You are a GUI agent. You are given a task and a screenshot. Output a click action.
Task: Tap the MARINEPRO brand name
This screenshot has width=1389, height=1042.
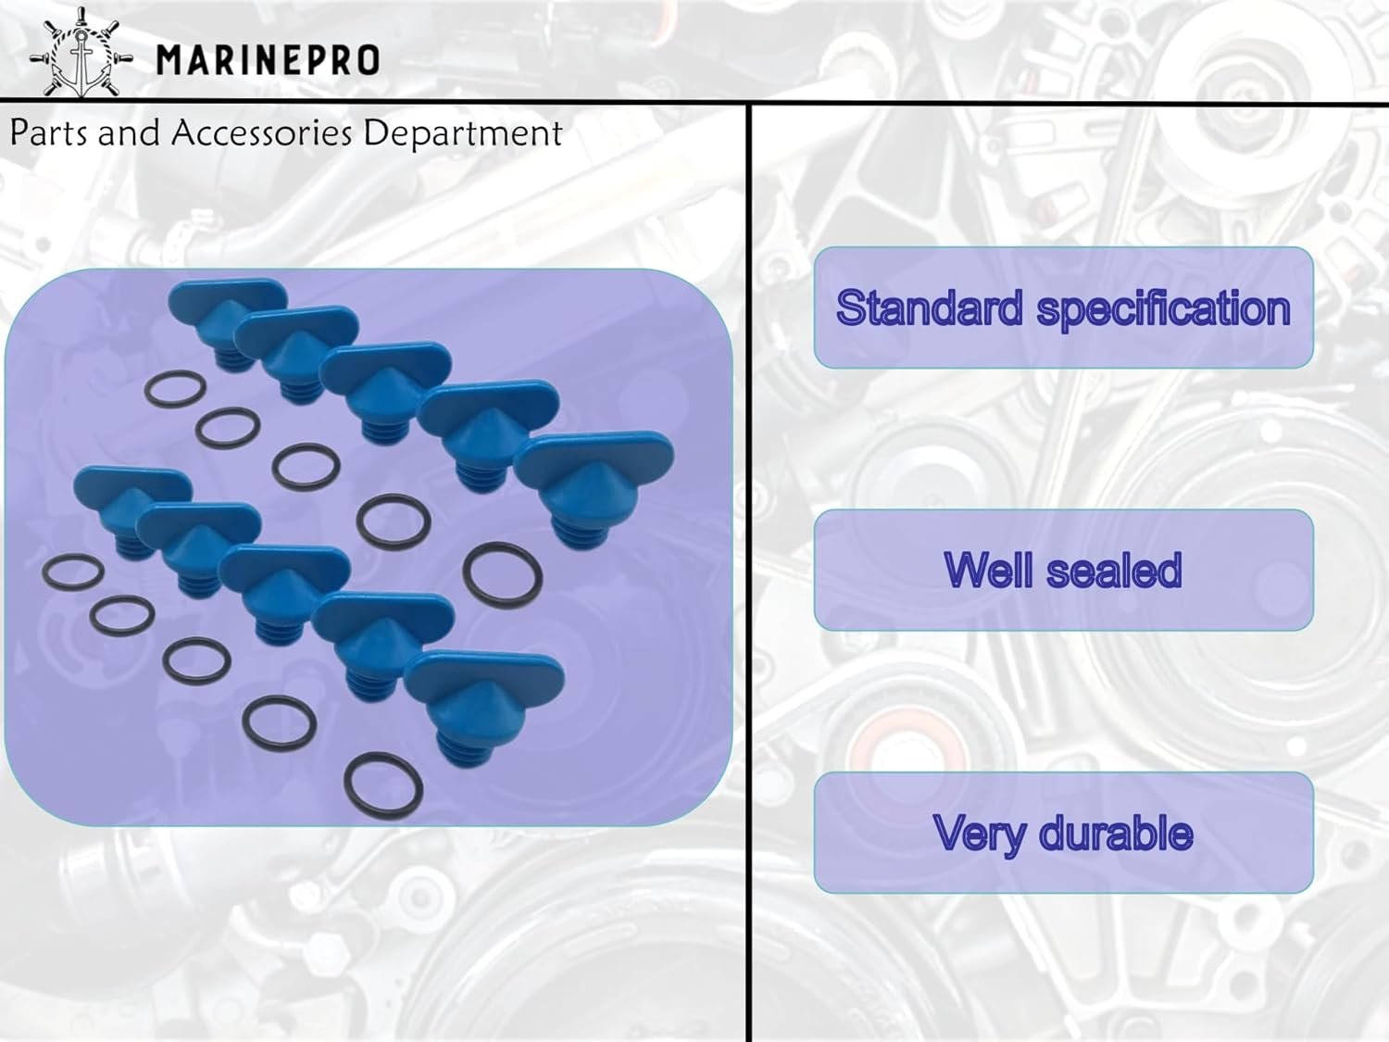pos(268,61)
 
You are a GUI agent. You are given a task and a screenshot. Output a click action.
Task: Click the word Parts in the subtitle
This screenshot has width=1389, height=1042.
pos(47,133)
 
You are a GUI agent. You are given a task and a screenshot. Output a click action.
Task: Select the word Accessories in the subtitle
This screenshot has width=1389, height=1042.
pos(261,133)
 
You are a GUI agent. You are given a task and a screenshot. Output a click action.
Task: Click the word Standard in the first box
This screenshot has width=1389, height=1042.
pos(929,308)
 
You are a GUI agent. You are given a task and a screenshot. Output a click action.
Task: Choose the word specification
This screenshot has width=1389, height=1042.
pos(1163,309)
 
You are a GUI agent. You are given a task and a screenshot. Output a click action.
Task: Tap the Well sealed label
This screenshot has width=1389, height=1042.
pos(1063,570)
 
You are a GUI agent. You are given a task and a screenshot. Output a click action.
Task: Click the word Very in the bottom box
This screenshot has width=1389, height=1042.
pos(980,834)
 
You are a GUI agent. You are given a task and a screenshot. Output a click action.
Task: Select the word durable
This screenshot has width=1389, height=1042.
pos(1116,833)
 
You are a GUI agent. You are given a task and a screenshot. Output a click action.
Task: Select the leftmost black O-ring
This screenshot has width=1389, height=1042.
pos(72,572)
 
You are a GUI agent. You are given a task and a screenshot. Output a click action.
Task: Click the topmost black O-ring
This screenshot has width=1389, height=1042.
pos(175,389)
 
